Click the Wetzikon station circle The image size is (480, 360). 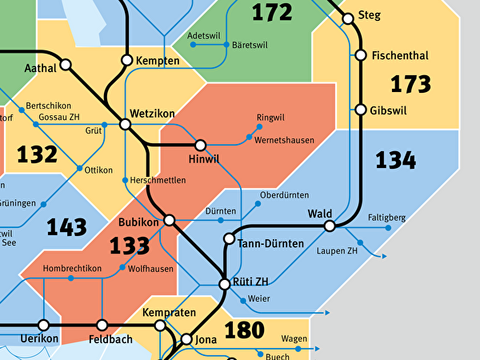[125, 124]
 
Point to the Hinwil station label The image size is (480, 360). [204, 162]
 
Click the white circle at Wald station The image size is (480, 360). [329, 226]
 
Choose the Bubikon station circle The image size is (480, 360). [169, 219]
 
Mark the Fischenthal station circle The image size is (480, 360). [360, 55]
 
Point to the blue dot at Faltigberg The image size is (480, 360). [389, 228]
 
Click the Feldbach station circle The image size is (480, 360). [102, 325]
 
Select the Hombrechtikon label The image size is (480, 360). [71, 268]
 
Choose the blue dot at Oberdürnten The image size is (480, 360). [258, 204]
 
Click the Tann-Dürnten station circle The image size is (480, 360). [230, 238]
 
